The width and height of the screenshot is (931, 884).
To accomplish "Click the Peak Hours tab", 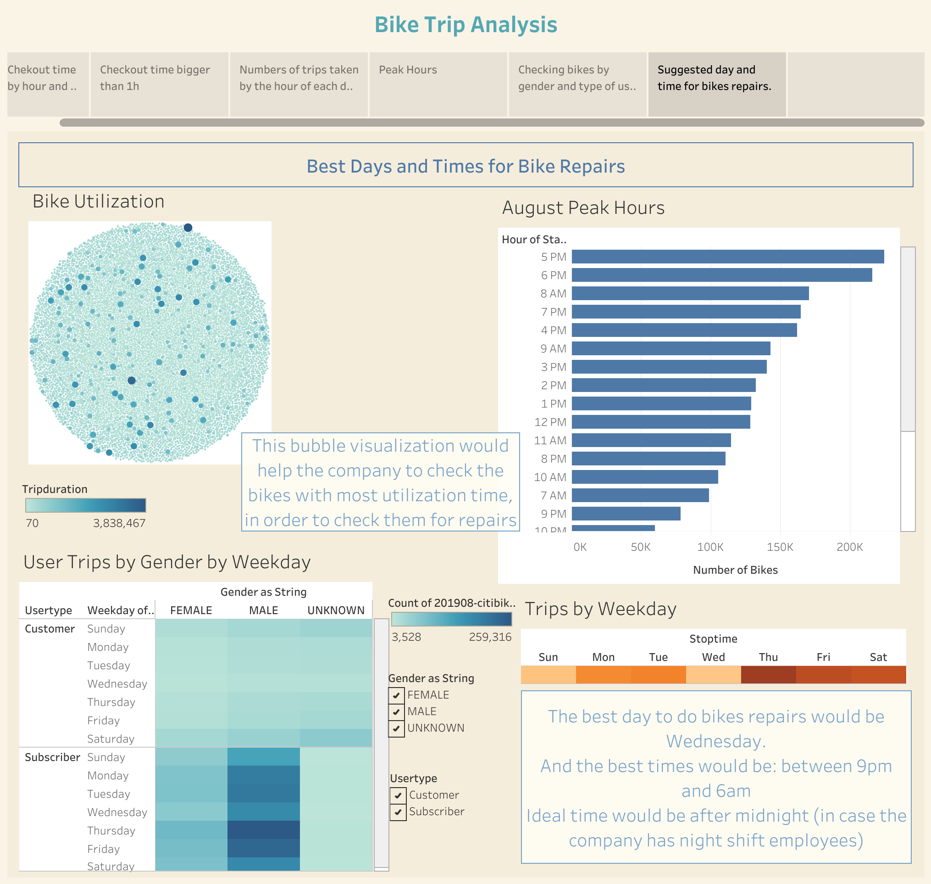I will (438, 84).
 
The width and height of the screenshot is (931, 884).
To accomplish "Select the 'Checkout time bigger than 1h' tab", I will (159, 84).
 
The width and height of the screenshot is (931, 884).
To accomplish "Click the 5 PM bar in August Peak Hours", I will (727, 257).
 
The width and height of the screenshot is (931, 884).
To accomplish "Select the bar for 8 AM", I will (690, 294).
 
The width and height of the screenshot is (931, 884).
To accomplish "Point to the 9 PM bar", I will (626, 514).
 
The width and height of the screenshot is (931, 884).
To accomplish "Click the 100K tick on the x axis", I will (710, 547).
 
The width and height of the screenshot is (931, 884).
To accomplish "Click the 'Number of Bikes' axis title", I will (735, 570).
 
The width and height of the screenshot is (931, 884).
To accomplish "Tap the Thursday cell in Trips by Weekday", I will (768, 675).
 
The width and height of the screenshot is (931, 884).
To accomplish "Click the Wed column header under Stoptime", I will (713, 657).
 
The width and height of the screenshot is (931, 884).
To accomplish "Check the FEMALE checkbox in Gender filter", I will (397, 695).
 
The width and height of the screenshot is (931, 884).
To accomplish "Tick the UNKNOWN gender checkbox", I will (397, 728).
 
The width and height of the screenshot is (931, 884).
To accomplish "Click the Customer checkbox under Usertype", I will (399, 795).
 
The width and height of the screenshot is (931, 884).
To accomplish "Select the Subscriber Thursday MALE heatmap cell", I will (263, 830).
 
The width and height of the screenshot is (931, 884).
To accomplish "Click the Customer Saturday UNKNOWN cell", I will (336, 739).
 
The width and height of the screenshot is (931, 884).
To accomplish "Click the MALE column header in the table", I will (263, 610).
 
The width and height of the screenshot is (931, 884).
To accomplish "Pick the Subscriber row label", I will (52, 757).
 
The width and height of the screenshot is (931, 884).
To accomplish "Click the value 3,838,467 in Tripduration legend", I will (119, 523).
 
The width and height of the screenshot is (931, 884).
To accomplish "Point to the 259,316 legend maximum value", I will (490, 637).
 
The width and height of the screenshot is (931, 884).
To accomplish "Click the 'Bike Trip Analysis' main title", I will (465, 24).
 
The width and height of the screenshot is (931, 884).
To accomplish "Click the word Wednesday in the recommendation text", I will (716, 742).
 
